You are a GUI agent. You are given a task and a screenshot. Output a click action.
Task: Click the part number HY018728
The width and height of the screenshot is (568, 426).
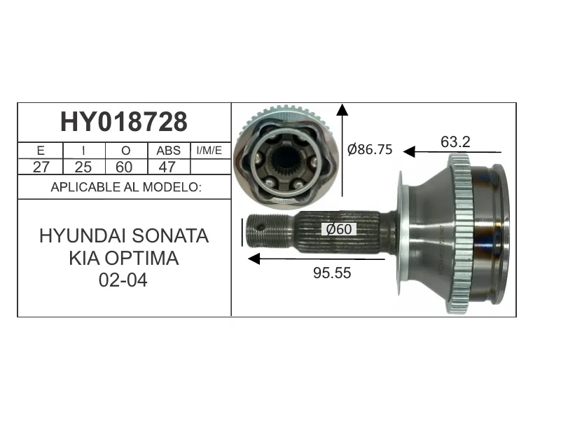pyautogui.click(x=124, y=122)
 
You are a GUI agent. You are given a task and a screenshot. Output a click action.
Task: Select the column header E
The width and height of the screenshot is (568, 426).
pyautogui.click(x=41, y=151)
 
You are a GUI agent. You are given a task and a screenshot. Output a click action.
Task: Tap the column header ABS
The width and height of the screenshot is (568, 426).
pyautogui.click(x=169, y=151)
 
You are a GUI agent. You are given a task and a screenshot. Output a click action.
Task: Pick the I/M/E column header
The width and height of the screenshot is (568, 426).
pyautogui.click(x=209, y=150)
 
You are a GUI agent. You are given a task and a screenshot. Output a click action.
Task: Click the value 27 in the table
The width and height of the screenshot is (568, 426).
pyautogui.click(x=41, y=167)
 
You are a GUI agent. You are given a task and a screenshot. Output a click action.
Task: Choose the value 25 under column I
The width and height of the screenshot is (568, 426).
pyautogui.click(x=83, y=167)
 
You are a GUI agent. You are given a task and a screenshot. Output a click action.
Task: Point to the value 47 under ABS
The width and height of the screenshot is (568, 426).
pyautogui.click(x=167, y=167)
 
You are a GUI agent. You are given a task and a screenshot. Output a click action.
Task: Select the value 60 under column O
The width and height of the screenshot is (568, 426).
pyautogui.click(x=124, y=167)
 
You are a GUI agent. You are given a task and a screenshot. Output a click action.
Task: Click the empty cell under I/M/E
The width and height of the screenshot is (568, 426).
pyautogui.click(x=211, y=167)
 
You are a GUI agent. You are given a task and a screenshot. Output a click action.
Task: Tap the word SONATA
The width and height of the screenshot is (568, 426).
pyautogui.click(x=170, y=236)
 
